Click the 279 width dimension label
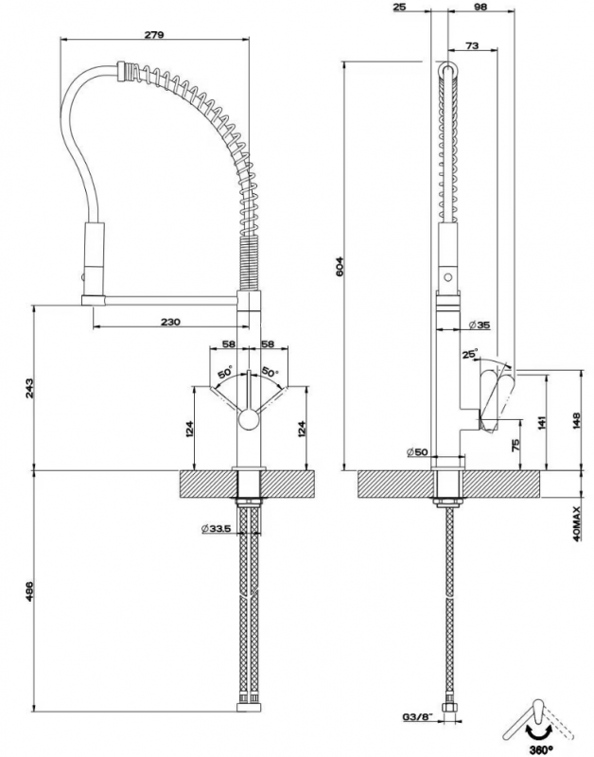tap(154, 35)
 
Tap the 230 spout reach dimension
tap(170, 322)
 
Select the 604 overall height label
tap(340, 266)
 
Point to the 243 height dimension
tap(29, 388)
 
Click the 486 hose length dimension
tap(29, 590)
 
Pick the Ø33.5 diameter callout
tap(218, 529)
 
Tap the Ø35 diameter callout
tap(479, 325)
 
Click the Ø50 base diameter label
tap(417, 452)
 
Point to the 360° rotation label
tap(541, 749)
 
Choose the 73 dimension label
tap(472, 45)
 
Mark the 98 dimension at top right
tap(480, 7)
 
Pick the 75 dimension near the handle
tap(515, 444)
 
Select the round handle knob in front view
tap(249, 418)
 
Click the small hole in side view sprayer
tap(448, 277)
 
